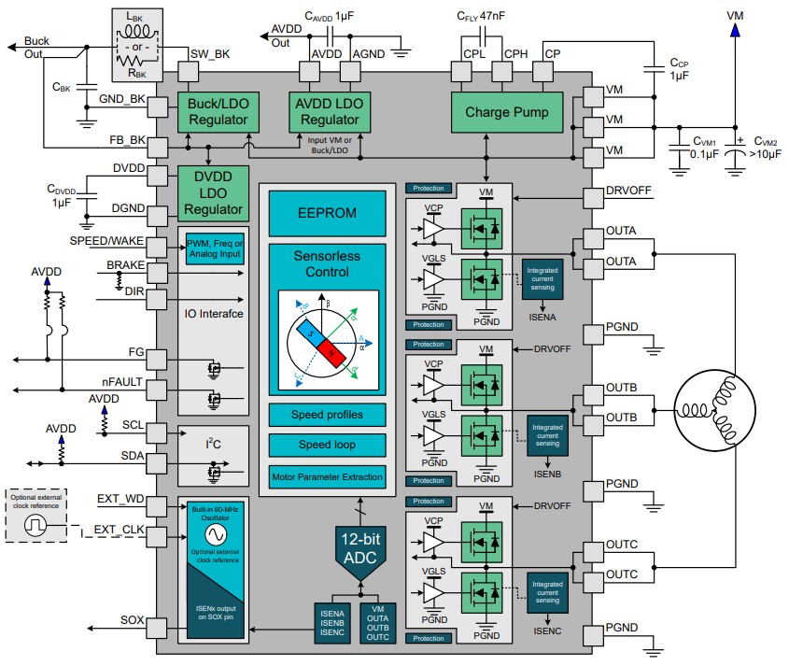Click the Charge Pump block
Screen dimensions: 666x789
[x=507, y=112]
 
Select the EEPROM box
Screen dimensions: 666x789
[x=327, y=213]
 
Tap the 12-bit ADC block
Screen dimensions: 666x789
[x=361, y=548]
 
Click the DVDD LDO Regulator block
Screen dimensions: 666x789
[x=214, y=193]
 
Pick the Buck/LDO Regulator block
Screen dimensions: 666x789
[x=218, y=112]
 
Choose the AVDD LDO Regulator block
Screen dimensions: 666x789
[x=330, y=112]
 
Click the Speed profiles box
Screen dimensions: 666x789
[x=327, y=414]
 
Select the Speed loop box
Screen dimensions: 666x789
[x=327, y=445]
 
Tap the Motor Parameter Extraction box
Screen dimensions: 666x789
[x=327, y=476]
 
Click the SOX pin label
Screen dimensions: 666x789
[x=132, y=620]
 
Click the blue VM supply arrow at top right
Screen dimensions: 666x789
[x=736, y=32]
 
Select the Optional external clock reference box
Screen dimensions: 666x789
[x=35, y=515]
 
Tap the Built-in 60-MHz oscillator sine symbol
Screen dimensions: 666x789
[x=216, y=534]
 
